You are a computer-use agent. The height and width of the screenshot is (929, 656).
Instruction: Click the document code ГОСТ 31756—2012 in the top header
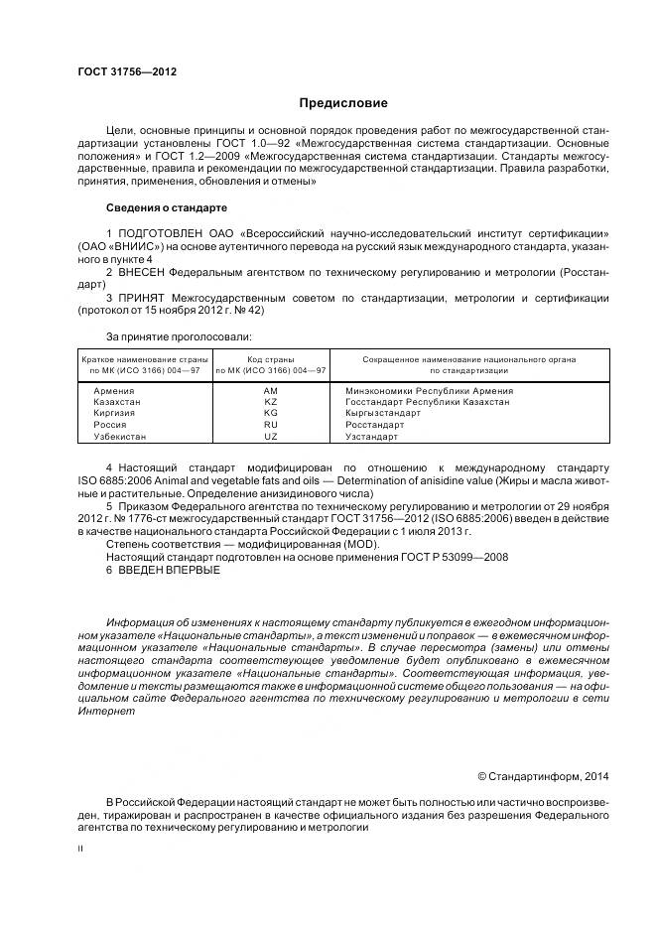tap(120, 71)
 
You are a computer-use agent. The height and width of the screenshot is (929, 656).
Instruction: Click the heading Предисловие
tap(343, 103)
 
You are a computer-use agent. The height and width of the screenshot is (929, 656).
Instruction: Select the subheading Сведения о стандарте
tap(166, 208)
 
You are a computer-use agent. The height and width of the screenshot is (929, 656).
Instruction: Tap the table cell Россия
tap(108, 425)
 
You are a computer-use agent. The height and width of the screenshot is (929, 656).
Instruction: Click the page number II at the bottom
tap(80, 850)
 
